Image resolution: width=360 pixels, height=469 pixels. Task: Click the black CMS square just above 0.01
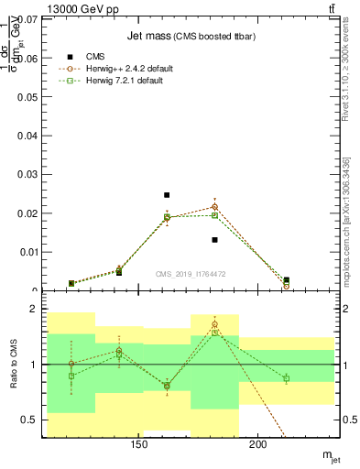click(214, 240)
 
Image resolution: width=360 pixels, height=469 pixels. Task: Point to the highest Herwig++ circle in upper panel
click(214, 207)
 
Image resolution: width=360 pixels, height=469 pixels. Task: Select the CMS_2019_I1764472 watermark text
click(191, 274)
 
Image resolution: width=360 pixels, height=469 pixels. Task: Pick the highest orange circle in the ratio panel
click(214, 324)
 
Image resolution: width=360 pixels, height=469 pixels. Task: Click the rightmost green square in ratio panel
click(286, 378)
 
